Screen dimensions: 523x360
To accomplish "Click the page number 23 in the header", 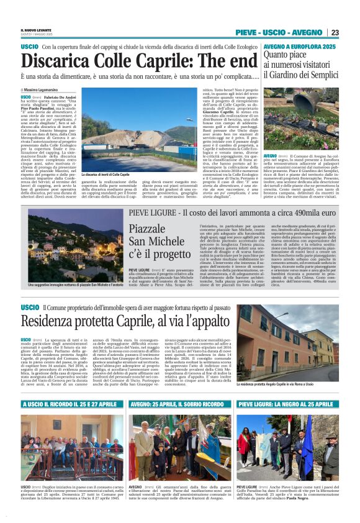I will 335,32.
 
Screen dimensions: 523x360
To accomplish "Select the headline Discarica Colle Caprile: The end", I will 130,61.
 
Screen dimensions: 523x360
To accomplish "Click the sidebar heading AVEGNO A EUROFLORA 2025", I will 300,47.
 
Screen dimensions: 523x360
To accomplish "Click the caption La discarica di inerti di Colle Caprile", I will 107,175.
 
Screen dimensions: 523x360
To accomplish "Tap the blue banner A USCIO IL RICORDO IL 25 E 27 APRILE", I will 71,404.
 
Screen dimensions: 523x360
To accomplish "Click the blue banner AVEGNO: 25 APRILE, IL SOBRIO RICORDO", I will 179,404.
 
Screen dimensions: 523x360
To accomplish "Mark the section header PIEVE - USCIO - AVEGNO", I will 279,32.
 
